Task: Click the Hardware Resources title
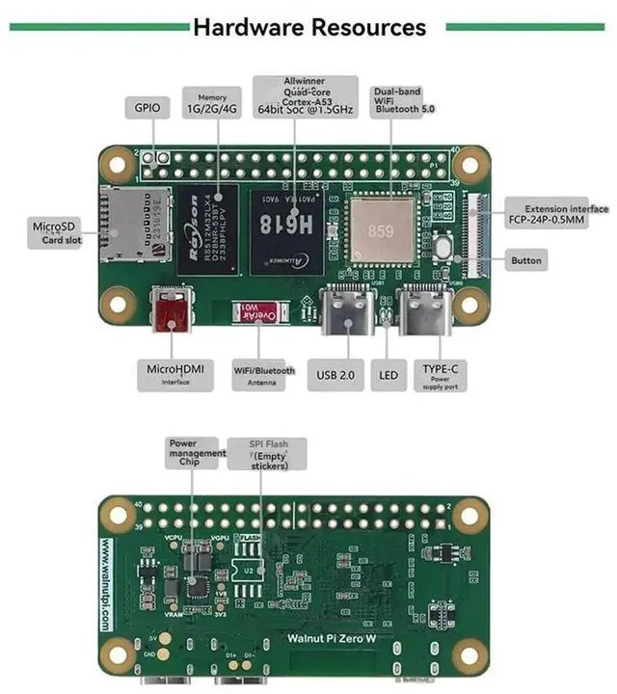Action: pyautogui.click(x=308, y=26)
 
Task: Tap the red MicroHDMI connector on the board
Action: pyautogui.click(x=173, y=314)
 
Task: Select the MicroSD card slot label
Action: pyautogui.click(x=55, y=232)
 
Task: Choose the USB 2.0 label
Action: pyautogui.click(x=336, y=374)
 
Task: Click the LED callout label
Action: pyautogui.click(x=389, y=374)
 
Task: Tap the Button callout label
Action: pyautogui.click(x=527, y=260)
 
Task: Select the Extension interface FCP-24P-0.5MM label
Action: pyautogui.click(x=559, y=214)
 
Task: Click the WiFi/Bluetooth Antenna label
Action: pyautogui.click(x=264, y=375)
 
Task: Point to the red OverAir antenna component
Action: pyautogui.click(x=258, y=314)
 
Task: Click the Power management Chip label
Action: pyautogui.click(x=197, y=453)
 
